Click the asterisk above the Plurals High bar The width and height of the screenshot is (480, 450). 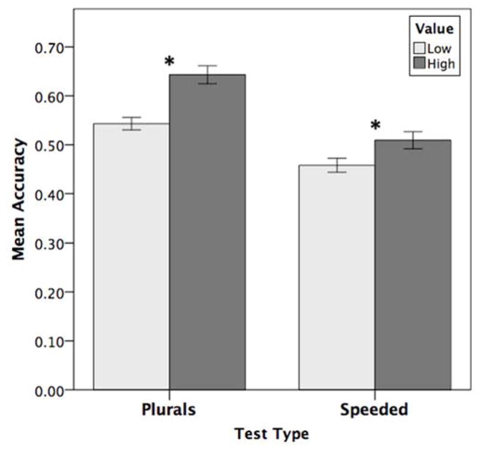coord(169,62)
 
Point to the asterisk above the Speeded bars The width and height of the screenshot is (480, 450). coord(375,126)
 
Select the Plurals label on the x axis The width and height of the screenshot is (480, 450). coord(169,410)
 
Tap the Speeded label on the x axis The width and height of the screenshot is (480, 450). coord(374,410)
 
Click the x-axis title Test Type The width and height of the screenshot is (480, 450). coord(271,434)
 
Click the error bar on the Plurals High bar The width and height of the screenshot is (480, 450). coord(207,74)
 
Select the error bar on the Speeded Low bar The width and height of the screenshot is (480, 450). coord(337,165)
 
